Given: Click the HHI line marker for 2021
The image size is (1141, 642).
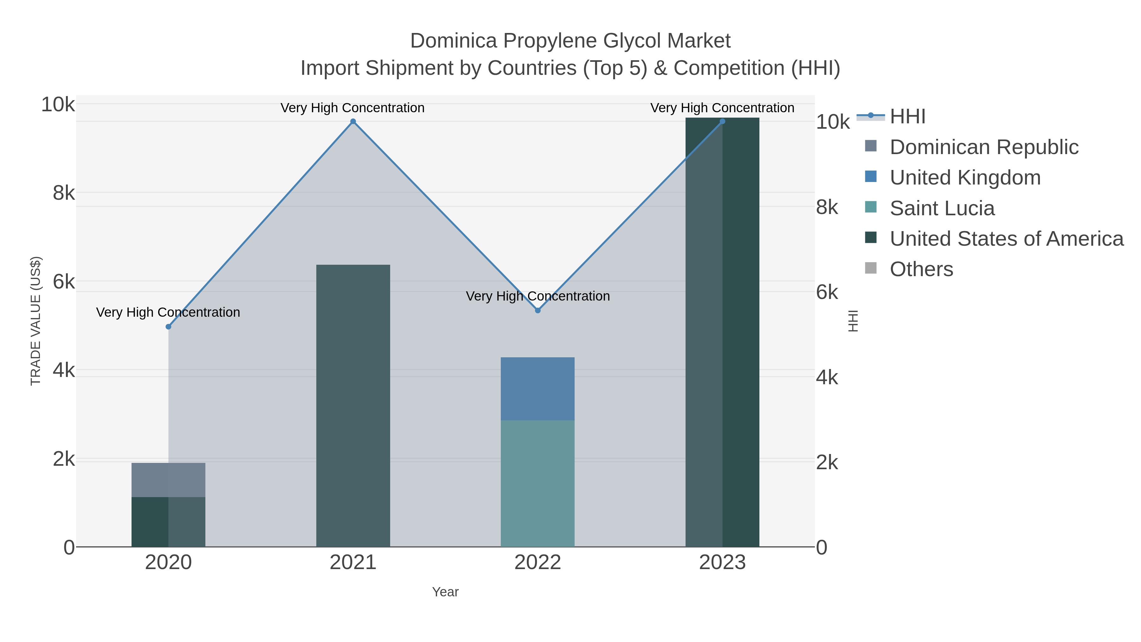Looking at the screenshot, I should [353, 121].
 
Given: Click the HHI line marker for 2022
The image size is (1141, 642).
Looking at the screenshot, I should [538, 311].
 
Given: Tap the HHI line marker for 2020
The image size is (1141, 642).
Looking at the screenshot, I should [168, 327].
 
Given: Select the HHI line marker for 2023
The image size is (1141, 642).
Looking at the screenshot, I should [722, 121].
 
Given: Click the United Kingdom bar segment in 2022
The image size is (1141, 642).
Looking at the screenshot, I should [538, 389].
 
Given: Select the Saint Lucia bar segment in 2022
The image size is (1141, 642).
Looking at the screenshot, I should [538, 483].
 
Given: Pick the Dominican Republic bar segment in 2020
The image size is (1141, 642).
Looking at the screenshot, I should [168, 480].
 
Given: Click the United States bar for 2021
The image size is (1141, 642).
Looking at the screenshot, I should [353, 405].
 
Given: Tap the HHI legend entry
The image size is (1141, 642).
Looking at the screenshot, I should [907, 117].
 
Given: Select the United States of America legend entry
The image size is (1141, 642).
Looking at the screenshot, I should [1006, 239].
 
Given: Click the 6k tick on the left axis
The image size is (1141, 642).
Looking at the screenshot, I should [64, 282].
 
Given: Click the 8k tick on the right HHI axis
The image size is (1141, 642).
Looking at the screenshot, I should [827, 207].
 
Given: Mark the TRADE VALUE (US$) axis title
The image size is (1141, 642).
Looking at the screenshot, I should [36, 321].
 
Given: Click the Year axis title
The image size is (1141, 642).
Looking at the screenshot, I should [445, 592].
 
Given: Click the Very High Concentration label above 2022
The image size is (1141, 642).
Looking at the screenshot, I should [538, 296].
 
